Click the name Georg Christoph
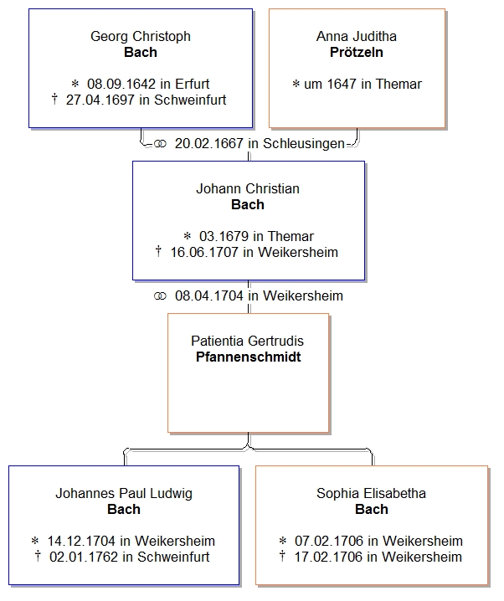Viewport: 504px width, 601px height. (x=141, y=36)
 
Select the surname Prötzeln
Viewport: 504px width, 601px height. (x=357, y=52)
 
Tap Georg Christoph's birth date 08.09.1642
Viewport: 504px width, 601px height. (x=116, y=84)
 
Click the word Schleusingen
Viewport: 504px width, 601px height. (x=304, y=143)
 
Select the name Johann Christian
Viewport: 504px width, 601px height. (x=248, y=188)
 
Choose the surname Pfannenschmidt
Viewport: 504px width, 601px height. (x=247, y=357)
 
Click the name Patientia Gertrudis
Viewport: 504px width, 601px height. (x=247, y=341)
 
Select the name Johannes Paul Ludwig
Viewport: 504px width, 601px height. (x=124, y=493)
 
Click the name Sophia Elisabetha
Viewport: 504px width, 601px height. (x=372, y=493)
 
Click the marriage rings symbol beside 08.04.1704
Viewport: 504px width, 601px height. (x=161, y=295)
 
